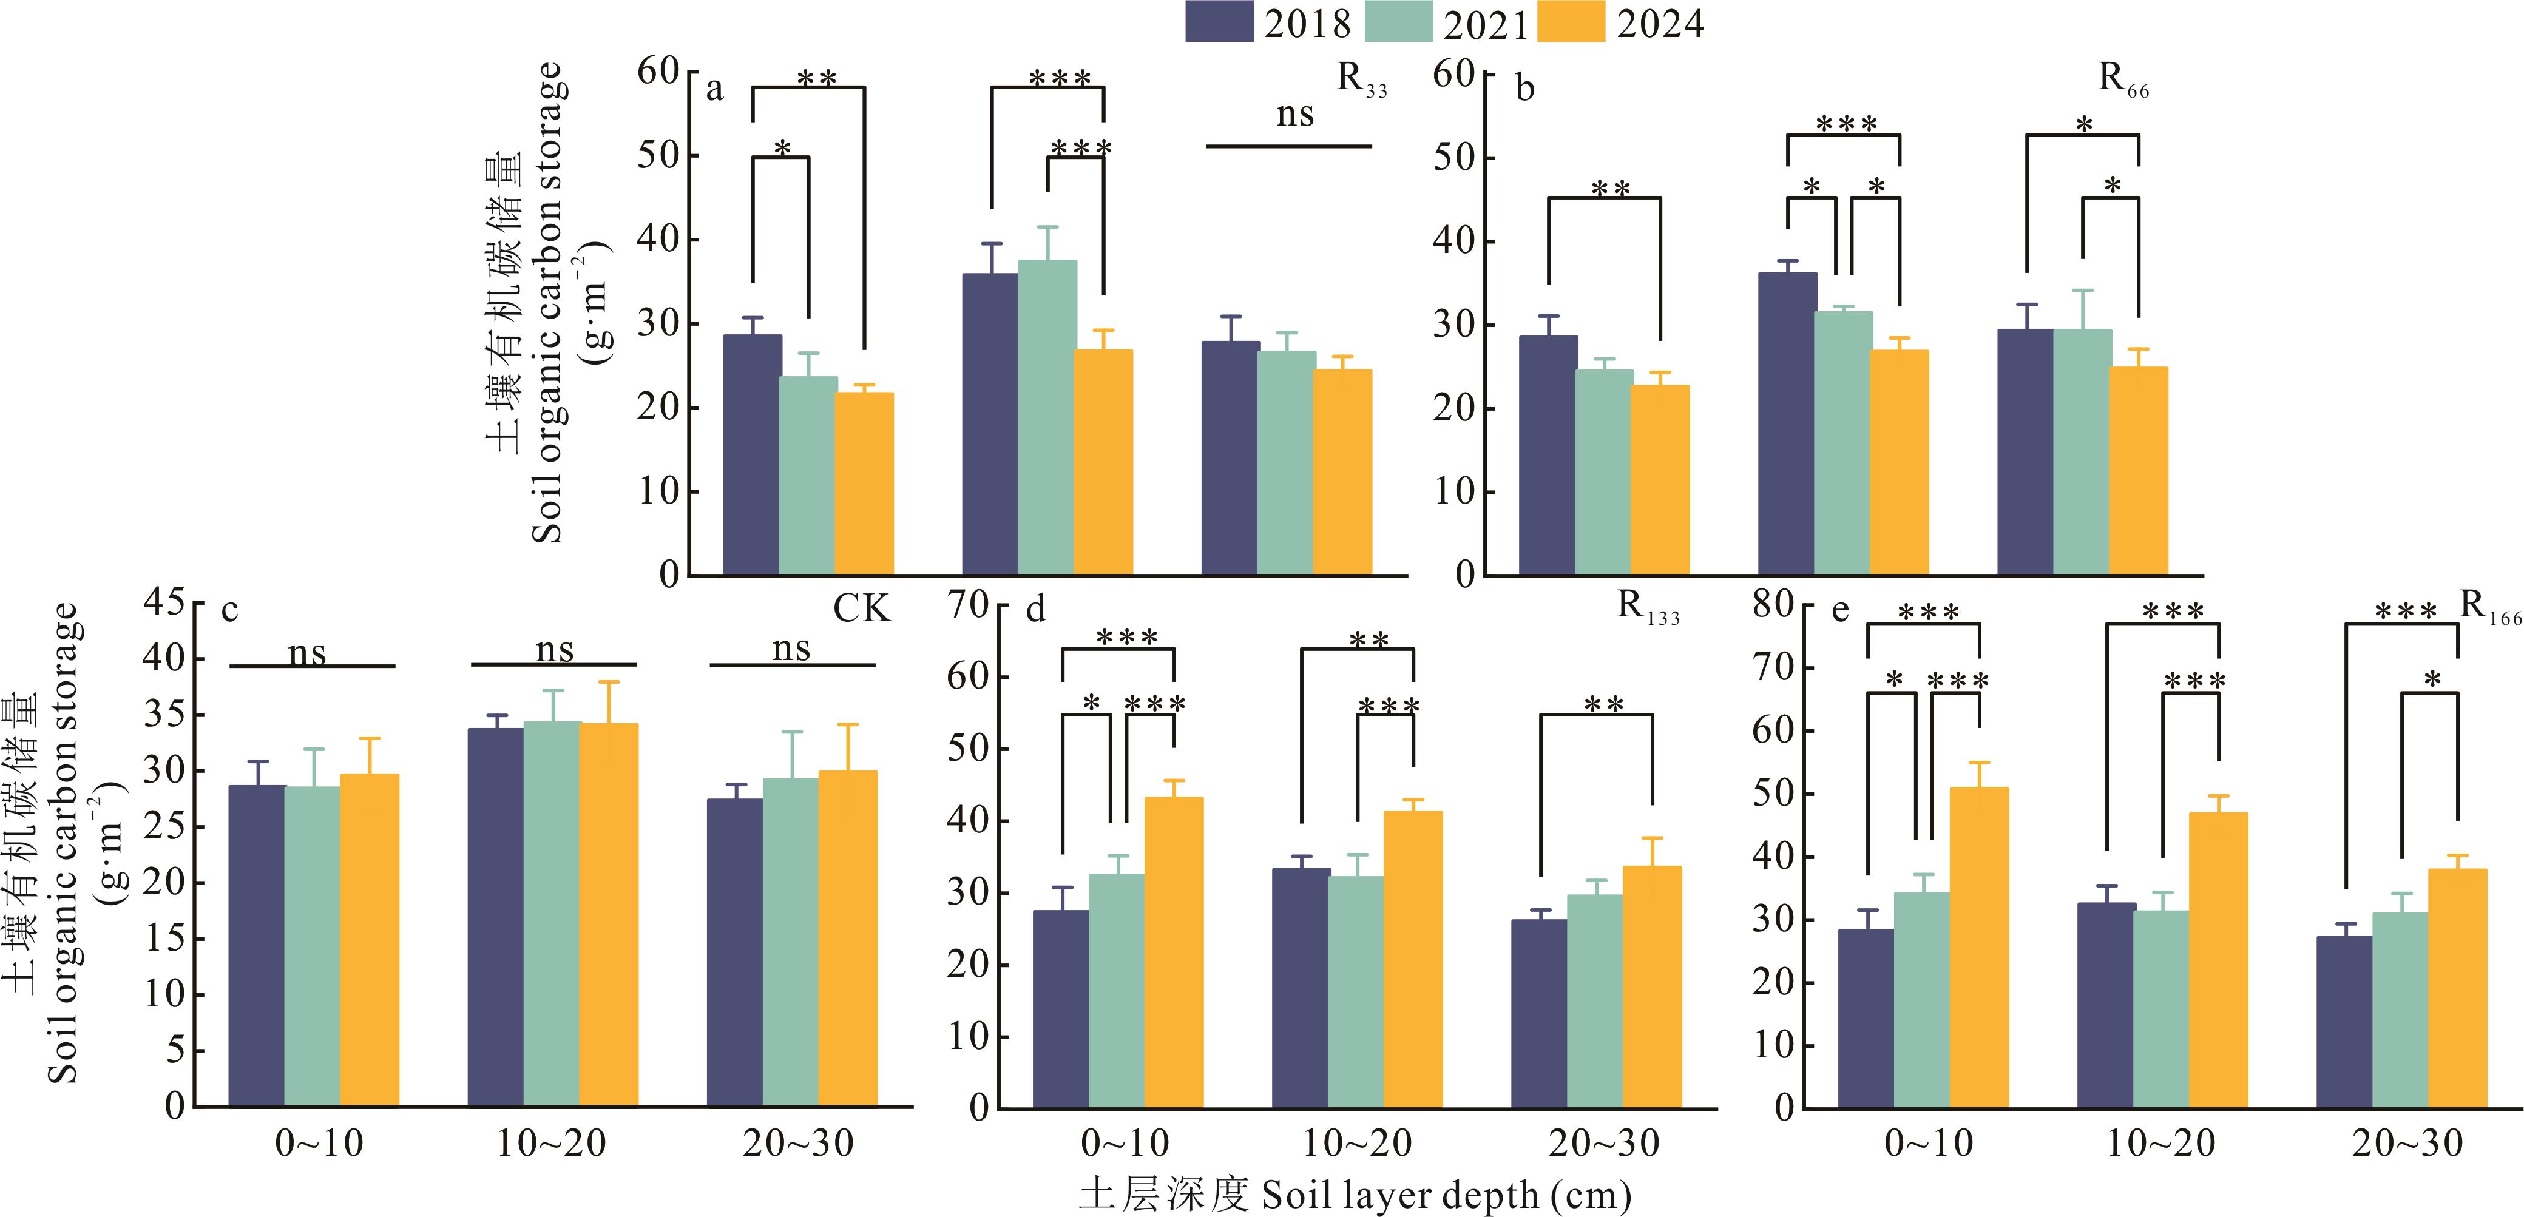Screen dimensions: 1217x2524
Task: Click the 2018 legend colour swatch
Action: click(x=1219, y=22)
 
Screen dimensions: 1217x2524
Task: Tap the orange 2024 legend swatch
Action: click(x=1571, y=22)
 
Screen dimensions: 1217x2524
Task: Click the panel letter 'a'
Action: click(x=714, y=90)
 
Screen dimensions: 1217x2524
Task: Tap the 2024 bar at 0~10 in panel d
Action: click(x=1174, y=951)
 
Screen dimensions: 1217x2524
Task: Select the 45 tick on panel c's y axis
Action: click(x=164, y=602)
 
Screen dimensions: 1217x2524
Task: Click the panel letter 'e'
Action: click(x=1840, y=612)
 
